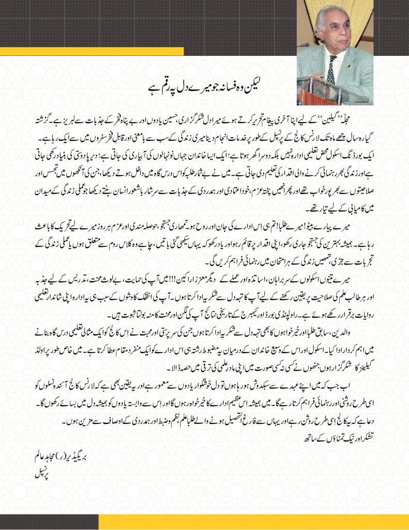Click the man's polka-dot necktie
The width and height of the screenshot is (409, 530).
[x=331, y=69]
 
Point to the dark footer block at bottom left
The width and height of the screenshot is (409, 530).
[x=49, y=522]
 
